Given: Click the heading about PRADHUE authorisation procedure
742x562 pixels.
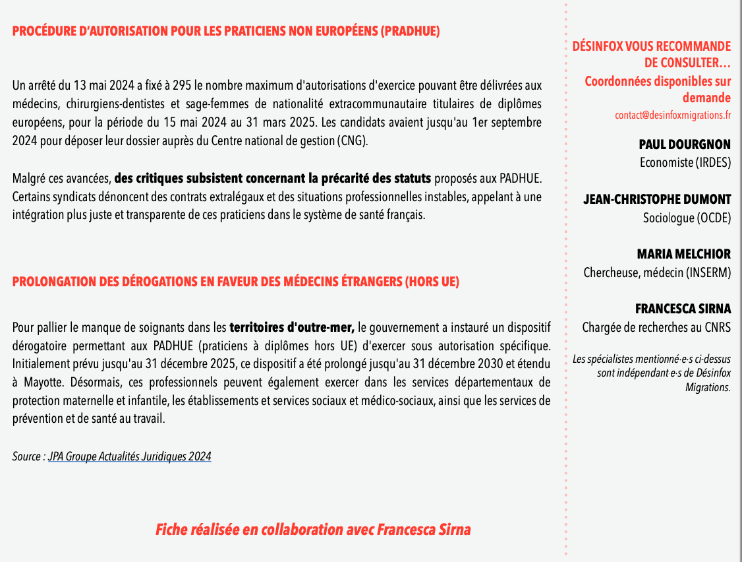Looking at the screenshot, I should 226,31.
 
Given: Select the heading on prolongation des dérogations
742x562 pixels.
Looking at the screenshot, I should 235,282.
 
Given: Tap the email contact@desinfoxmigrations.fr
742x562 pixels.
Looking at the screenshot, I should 673,115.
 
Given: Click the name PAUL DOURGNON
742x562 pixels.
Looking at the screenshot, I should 685,144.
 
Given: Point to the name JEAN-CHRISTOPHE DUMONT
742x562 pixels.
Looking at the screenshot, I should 657,199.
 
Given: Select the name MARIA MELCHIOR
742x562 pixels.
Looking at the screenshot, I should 683,254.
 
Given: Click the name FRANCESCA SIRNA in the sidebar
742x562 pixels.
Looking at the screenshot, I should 683,309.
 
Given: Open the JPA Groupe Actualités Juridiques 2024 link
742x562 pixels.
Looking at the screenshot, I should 130,456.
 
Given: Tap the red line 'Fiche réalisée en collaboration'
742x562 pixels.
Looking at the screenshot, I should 313,530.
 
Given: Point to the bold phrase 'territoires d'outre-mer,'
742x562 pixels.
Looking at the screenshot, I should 292,327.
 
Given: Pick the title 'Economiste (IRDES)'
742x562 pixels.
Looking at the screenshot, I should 685,162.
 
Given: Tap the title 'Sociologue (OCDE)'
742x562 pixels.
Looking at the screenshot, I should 687,217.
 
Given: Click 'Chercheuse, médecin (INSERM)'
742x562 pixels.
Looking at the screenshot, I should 657,272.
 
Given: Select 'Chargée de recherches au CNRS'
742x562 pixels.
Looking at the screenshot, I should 656,327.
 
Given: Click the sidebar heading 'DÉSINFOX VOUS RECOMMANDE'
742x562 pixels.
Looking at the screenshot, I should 651,46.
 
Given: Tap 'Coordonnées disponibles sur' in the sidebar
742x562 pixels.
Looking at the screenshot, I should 658,81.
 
